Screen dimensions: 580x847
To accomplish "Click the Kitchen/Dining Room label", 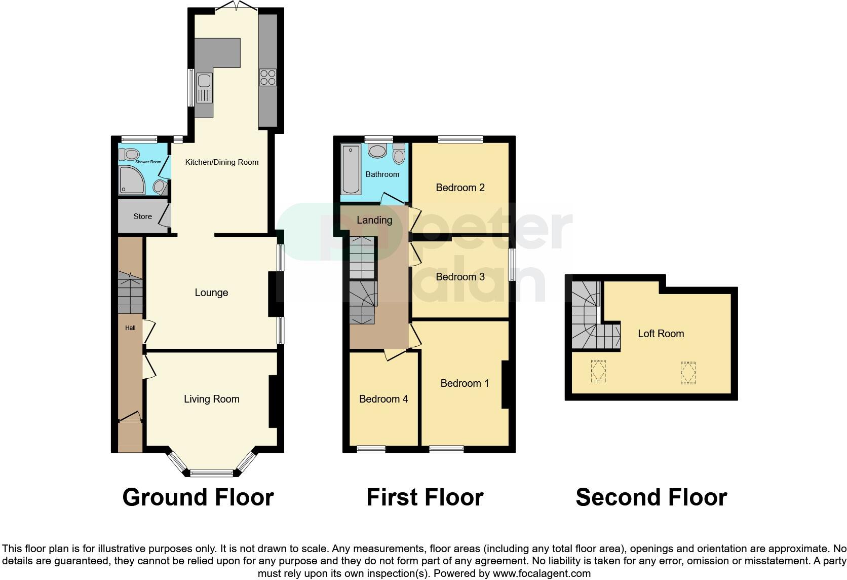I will click(x=222, y=162).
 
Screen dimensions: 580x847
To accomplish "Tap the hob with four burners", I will click(x=267, y=77).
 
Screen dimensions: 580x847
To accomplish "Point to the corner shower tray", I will click(x=132, y=180).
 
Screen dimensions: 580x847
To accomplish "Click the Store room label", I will click(x=142, y=216).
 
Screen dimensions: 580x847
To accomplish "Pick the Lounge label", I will click(x=211, y=293).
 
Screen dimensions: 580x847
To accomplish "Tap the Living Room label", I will click(x=211, y=399).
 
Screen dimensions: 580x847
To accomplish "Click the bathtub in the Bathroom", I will click(x=350, y=169).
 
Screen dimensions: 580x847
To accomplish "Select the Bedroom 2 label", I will click(x=460, y=188).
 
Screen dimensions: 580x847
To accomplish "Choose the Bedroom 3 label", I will click(x=460, y=277).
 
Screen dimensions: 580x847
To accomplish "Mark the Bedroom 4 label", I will click(x=383, y=399).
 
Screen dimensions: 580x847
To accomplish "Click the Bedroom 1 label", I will click(x=465, y=383).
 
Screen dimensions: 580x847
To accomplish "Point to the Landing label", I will click(x=374, y=220).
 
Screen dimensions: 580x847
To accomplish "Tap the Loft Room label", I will click(x=661, y=334).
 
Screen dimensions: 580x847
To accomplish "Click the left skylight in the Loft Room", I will click(x=598, y=371).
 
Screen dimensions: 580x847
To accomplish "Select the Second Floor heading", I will click(x=651, y=497).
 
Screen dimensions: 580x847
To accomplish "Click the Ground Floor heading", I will click(x=198, y=497).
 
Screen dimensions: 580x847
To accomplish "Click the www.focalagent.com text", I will click(x=542, y=574).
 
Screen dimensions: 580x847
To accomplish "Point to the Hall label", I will click(x=130, y=328).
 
